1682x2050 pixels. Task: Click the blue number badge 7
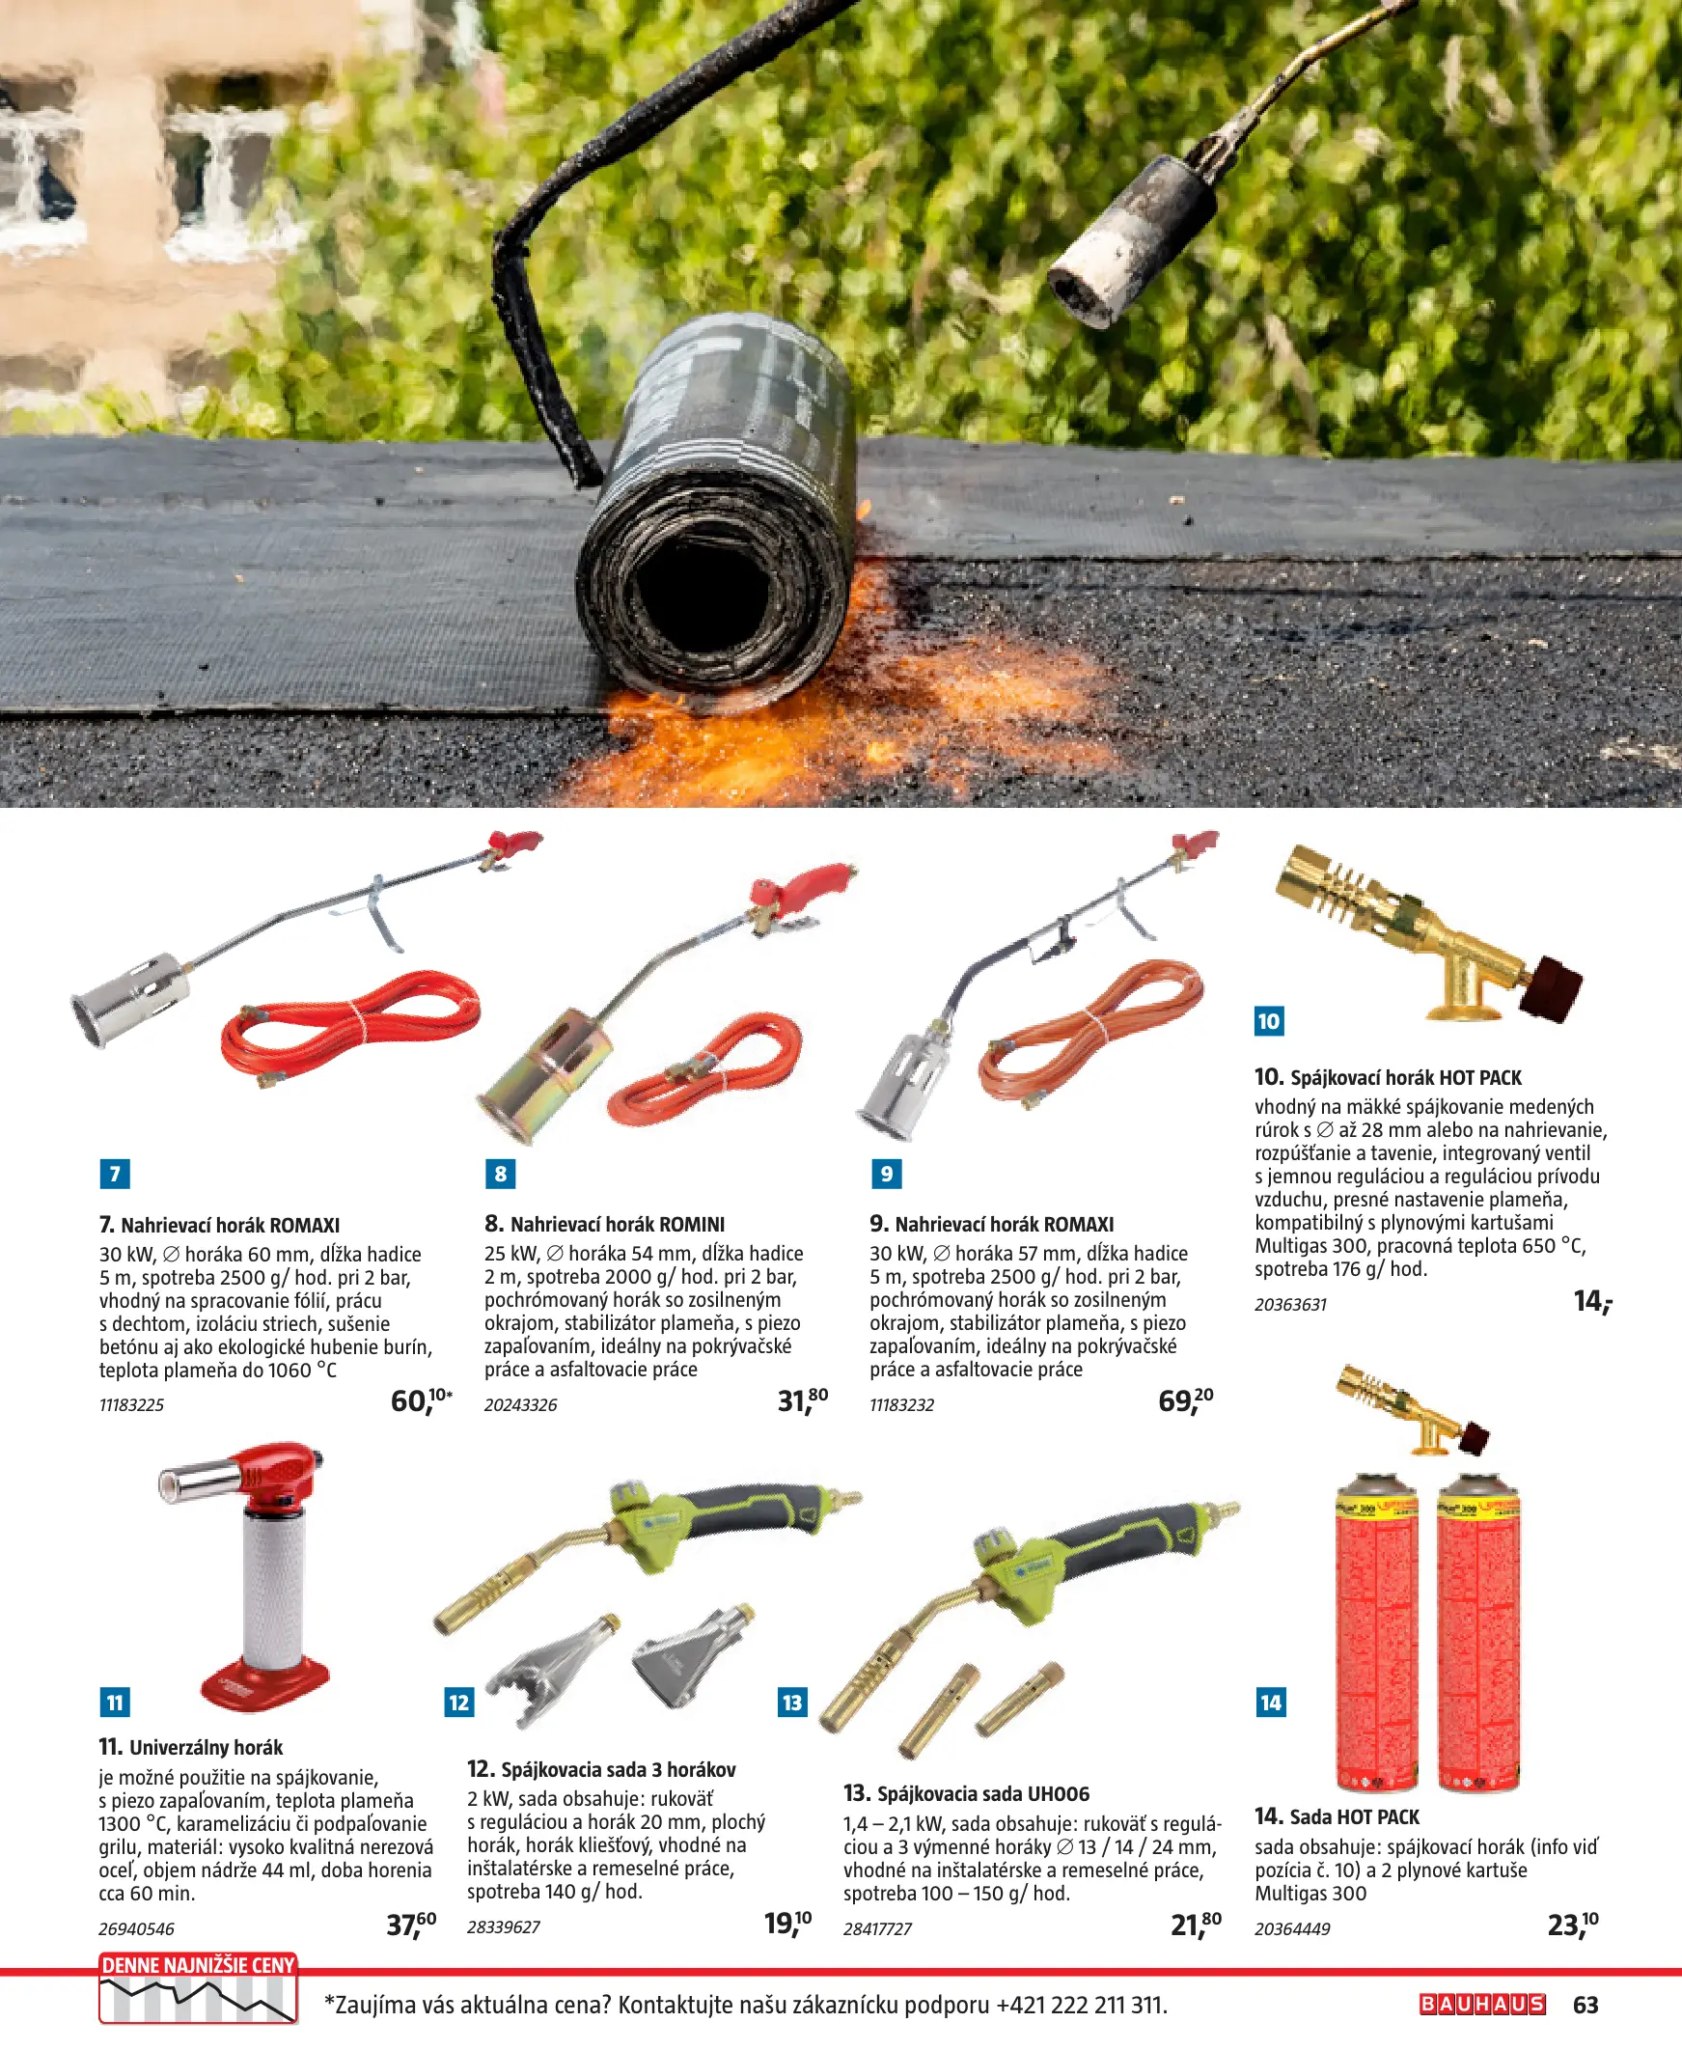[114, 1174]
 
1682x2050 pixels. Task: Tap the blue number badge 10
[1269, 1020]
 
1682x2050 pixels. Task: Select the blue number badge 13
[792, 1703]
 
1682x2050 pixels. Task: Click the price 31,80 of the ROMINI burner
[802, 1399]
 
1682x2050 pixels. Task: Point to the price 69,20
[1185, 1399]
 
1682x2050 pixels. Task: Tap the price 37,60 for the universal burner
[411, 1924]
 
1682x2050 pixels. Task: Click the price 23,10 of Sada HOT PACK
[1573, 1924]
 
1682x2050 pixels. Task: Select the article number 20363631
[1290, 1304]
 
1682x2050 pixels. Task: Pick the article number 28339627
[503, 1927]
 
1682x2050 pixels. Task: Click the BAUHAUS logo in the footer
[1482, 2004]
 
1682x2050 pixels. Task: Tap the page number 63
[1585, 2005]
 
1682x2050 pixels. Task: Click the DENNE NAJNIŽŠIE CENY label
[198, 1966]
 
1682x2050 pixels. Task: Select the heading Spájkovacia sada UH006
[982, 1793]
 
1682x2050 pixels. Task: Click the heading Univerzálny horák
[206, 1747]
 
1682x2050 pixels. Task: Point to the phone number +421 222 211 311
[1080, 2005]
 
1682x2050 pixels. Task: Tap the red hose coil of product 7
[350, 1027]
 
